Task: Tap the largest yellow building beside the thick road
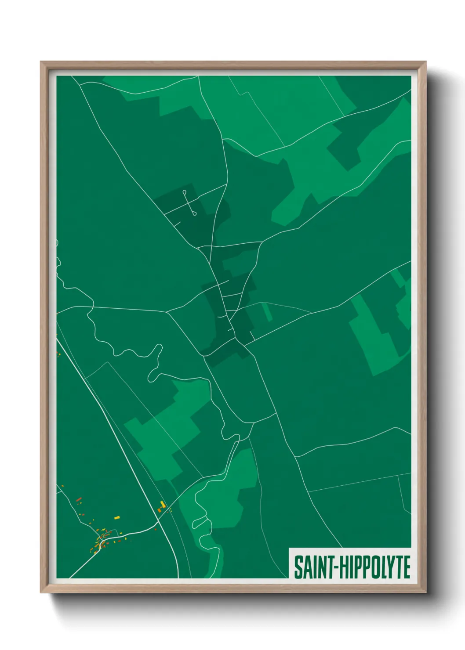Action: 163,504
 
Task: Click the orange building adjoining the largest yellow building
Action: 160,509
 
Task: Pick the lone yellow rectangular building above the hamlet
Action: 117,518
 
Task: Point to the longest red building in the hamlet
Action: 79,499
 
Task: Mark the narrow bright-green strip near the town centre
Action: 267,311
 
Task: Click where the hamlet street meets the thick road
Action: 159,523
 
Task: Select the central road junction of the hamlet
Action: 102,543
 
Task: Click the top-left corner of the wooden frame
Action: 41,62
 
